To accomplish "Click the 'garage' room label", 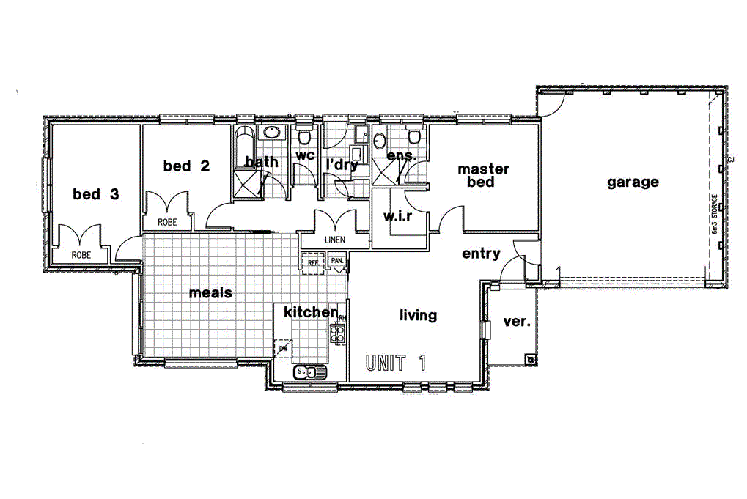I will pyautogui.click(x=632, y=182).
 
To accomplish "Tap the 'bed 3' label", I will pyautogui.click(x=95, y=194).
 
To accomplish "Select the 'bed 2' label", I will pyautogui.click(x=186, y=166).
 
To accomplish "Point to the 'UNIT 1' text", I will pyautogui.click(x=396, y=362).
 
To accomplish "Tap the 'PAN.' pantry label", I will pyautogui.click(x=337, y=261).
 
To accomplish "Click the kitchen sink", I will pyautogui.click(x=310, y=372).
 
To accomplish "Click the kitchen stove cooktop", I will pyautogui.click(x=338, y=334).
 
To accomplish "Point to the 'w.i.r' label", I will pyautogui.click(x=399, y=216).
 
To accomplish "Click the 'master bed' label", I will pyautogui.click(x=483, y=176).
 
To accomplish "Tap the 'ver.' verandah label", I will pyautogui.click(x=518, y=321).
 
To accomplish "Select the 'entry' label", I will pyautogui.click(x=481, y=254).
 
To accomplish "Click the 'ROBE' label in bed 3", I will pyautogui.click(x=81, y=255).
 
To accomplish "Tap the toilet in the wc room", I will pyautogui.click(x=304, y=136).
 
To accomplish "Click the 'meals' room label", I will pyautogui.click(x=210, y=293).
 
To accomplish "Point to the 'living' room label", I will pyautogui.click(x=418, y=315).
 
